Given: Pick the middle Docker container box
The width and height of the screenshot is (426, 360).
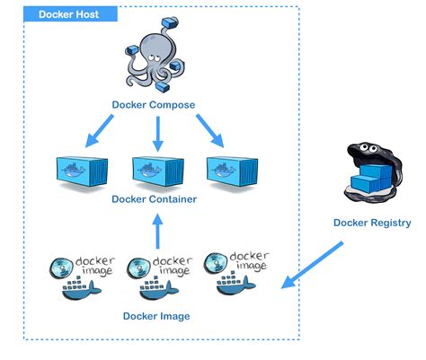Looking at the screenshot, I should pyautogui.click(x=157, y=171).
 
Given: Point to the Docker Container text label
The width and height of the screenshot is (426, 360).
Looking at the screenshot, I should pyautogui.click(x=155, y=199).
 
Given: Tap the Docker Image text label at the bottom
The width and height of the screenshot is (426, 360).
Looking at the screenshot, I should pyautogui.click(x=156, y=316).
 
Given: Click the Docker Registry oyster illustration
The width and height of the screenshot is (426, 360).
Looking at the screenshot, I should pyautogui.click(x=370, y=171).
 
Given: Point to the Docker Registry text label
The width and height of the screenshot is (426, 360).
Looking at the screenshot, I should pyautogui.click(x=371, y=223).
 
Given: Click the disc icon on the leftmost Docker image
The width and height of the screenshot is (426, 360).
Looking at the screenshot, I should pyautogui.click(x=64, y=266).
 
